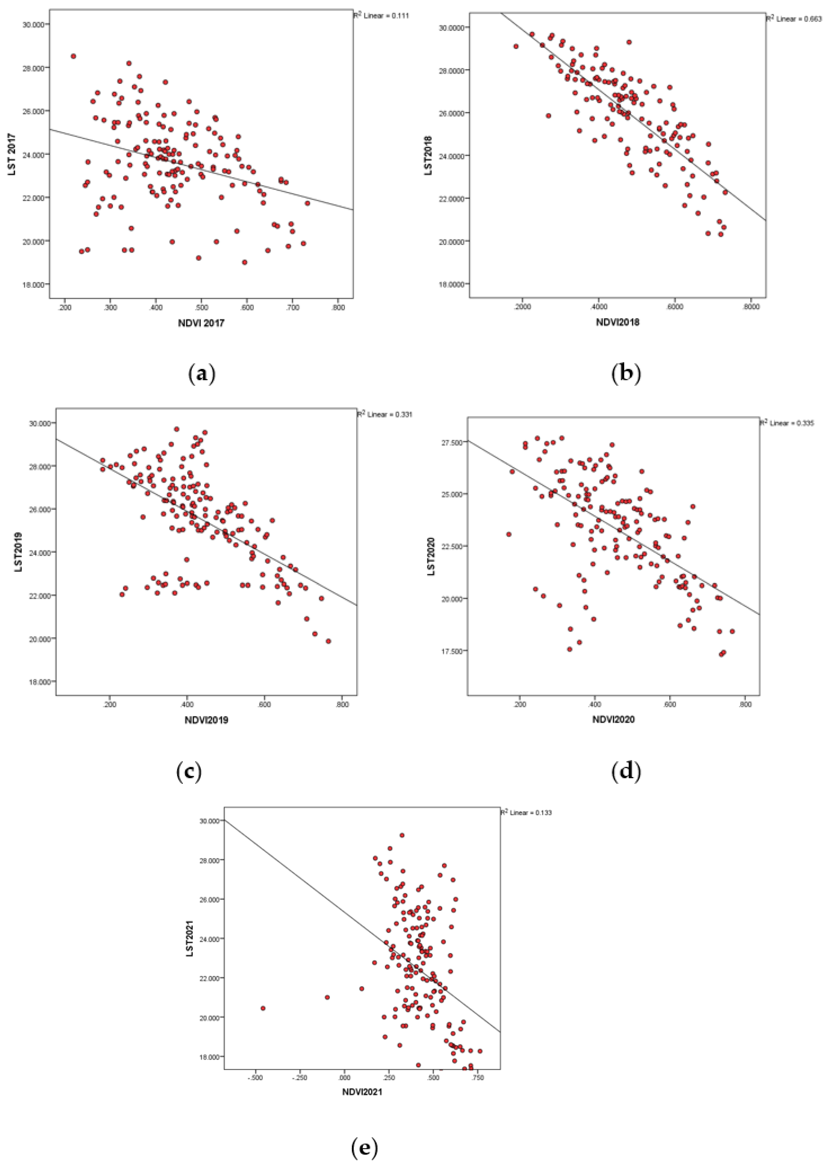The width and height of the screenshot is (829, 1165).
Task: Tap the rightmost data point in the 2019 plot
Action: pos(328,641)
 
